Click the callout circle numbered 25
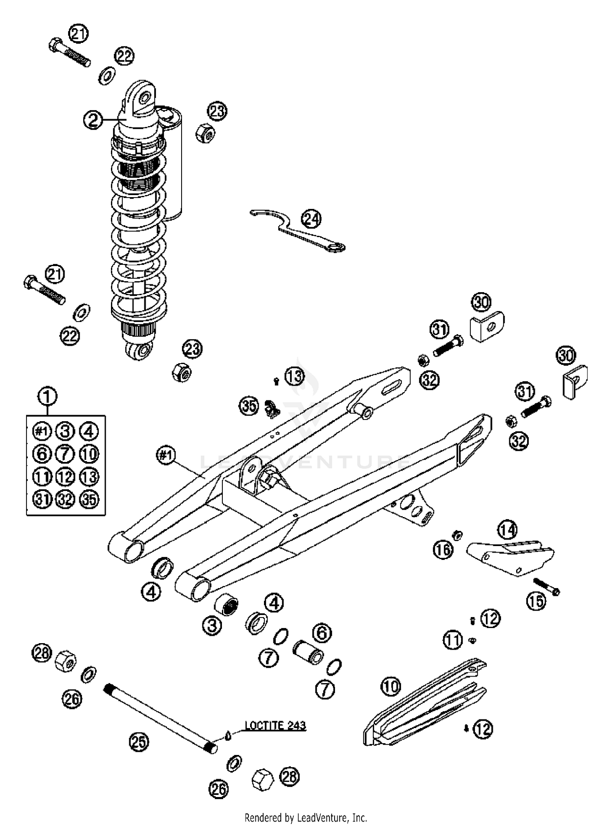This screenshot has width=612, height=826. point(139,742)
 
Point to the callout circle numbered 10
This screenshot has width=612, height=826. point(391,686)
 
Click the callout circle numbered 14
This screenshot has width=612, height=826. point(507,530)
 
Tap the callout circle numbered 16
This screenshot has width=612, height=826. point(443,549)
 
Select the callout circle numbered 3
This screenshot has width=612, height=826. point(212,624)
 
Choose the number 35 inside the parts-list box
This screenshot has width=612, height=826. point(89,499)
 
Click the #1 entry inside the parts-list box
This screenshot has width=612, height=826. point(42,431)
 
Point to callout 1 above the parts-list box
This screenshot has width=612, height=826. point(48,395)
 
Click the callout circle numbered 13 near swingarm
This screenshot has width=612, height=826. point(295,376)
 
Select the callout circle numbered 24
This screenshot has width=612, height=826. point(311,219)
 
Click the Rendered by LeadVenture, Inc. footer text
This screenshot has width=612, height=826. point(306,817)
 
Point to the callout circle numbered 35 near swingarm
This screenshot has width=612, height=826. point(249,406)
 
